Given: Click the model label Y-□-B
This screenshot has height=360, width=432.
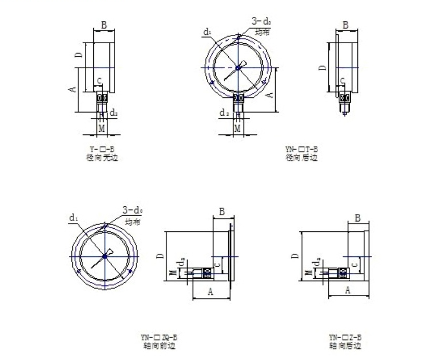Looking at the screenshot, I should click(x=102, y=150).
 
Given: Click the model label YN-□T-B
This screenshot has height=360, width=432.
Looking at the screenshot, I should click(x=301, y=150).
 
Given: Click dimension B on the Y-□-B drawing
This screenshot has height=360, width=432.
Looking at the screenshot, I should click(x=104, y=24).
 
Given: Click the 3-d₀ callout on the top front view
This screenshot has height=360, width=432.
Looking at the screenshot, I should click(x=261, y=22).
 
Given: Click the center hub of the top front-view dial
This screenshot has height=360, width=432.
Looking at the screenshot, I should click(x=238, y=66).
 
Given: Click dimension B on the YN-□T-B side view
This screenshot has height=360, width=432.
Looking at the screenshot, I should click(x=345, y=24).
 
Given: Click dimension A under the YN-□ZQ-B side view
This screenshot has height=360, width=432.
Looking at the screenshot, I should click(x=211, y=292).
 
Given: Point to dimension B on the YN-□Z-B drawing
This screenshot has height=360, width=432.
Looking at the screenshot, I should click(x=357, y=218).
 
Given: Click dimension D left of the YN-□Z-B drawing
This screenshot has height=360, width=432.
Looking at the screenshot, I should click(x=295, y=256).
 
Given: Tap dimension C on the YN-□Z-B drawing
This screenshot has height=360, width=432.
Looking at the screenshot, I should click(x=355, y=265).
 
